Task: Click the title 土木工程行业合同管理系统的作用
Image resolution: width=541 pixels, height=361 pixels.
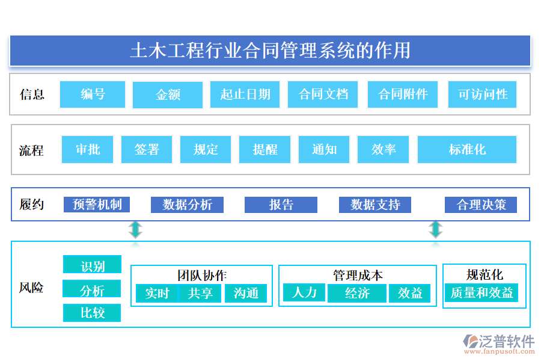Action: click(x=270, y=51)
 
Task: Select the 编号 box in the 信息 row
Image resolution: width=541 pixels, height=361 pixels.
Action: click(x=93, y=94)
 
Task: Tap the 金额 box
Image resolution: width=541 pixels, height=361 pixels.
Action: click(x=168, y=95)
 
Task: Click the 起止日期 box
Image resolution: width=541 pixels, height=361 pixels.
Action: click(x=245, y=94)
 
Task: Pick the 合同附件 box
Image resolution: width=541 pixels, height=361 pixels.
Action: click(x=403, y=94)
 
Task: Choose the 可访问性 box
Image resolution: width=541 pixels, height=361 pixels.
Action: click(x=482, y=94)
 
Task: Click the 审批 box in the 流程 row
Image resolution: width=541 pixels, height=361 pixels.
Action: click(x=88, y=149)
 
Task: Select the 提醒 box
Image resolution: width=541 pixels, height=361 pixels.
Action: click(x=264, y=149)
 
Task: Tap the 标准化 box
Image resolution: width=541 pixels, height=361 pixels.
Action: click(x=466, y=149)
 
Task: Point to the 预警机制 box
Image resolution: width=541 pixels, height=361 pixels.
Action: click(x=97, y=205)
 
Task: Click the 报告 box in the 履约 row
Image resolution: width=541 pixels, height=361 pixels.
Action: click(x=281, y=205)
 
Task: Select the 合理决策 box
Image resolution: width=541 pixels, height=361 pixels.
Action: click(x=481, y=205)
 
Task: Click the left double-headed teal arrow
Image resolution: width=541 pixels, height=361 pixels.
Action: click(x=136, y=229)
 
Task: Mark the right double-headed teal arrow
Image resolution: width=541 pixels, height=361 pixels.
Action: click(x=435, y=229)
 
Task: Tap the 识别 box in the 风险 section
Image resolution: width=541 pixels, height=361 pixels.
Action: click(x=92, y=265)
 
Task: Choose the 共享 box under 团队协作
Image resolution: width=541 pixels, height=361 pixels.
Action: click(x=200, y=293)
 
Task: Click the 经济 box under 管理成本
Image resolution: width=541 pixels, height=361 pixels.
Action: click(x=357, y=293)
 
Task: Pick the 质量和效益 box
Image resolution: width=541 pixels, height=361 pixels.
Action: click(x=481, y=293)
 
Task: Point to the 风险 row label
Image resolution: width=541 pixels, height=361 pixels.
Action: click(x=31, y=288)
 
